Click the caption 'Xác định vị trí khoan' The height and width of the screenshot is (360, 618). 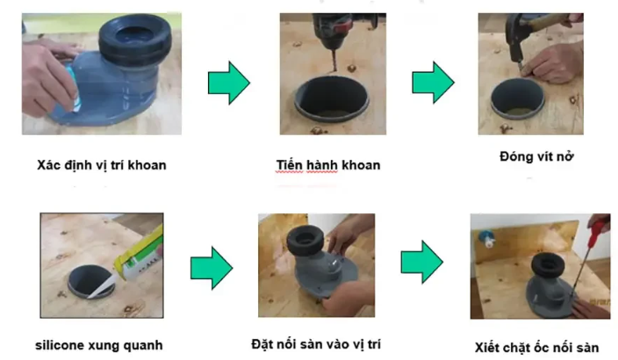[102, 165]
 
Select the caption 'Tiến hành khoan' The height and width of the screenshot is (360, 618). [328, 165]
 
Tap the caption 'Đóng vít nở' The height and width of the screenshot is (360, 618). [536, 156]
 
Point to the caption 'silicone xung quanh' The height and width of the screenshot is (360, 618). [99, 345]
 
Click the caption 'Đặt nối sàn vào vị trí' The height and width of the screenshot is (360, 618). [316, 344]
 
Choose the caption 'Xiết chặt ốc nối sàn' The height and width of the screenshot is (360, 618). [537, 348]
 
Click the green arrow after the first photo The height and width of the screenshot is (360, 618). [229, 83]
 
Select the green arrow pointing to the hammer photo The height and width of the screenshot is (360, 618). [433, 83]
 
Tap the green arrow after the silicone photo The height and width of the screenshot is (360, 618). [212, 268]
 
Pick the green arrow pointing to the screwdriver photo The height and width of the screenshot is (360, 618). [422, 263]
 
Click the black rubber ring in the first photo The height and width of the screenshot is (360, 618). [135, 40]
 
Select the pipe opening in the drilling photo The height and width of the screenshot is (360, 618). [332, 98]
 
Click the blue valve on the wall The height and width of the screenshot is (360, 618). [486, 238]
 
